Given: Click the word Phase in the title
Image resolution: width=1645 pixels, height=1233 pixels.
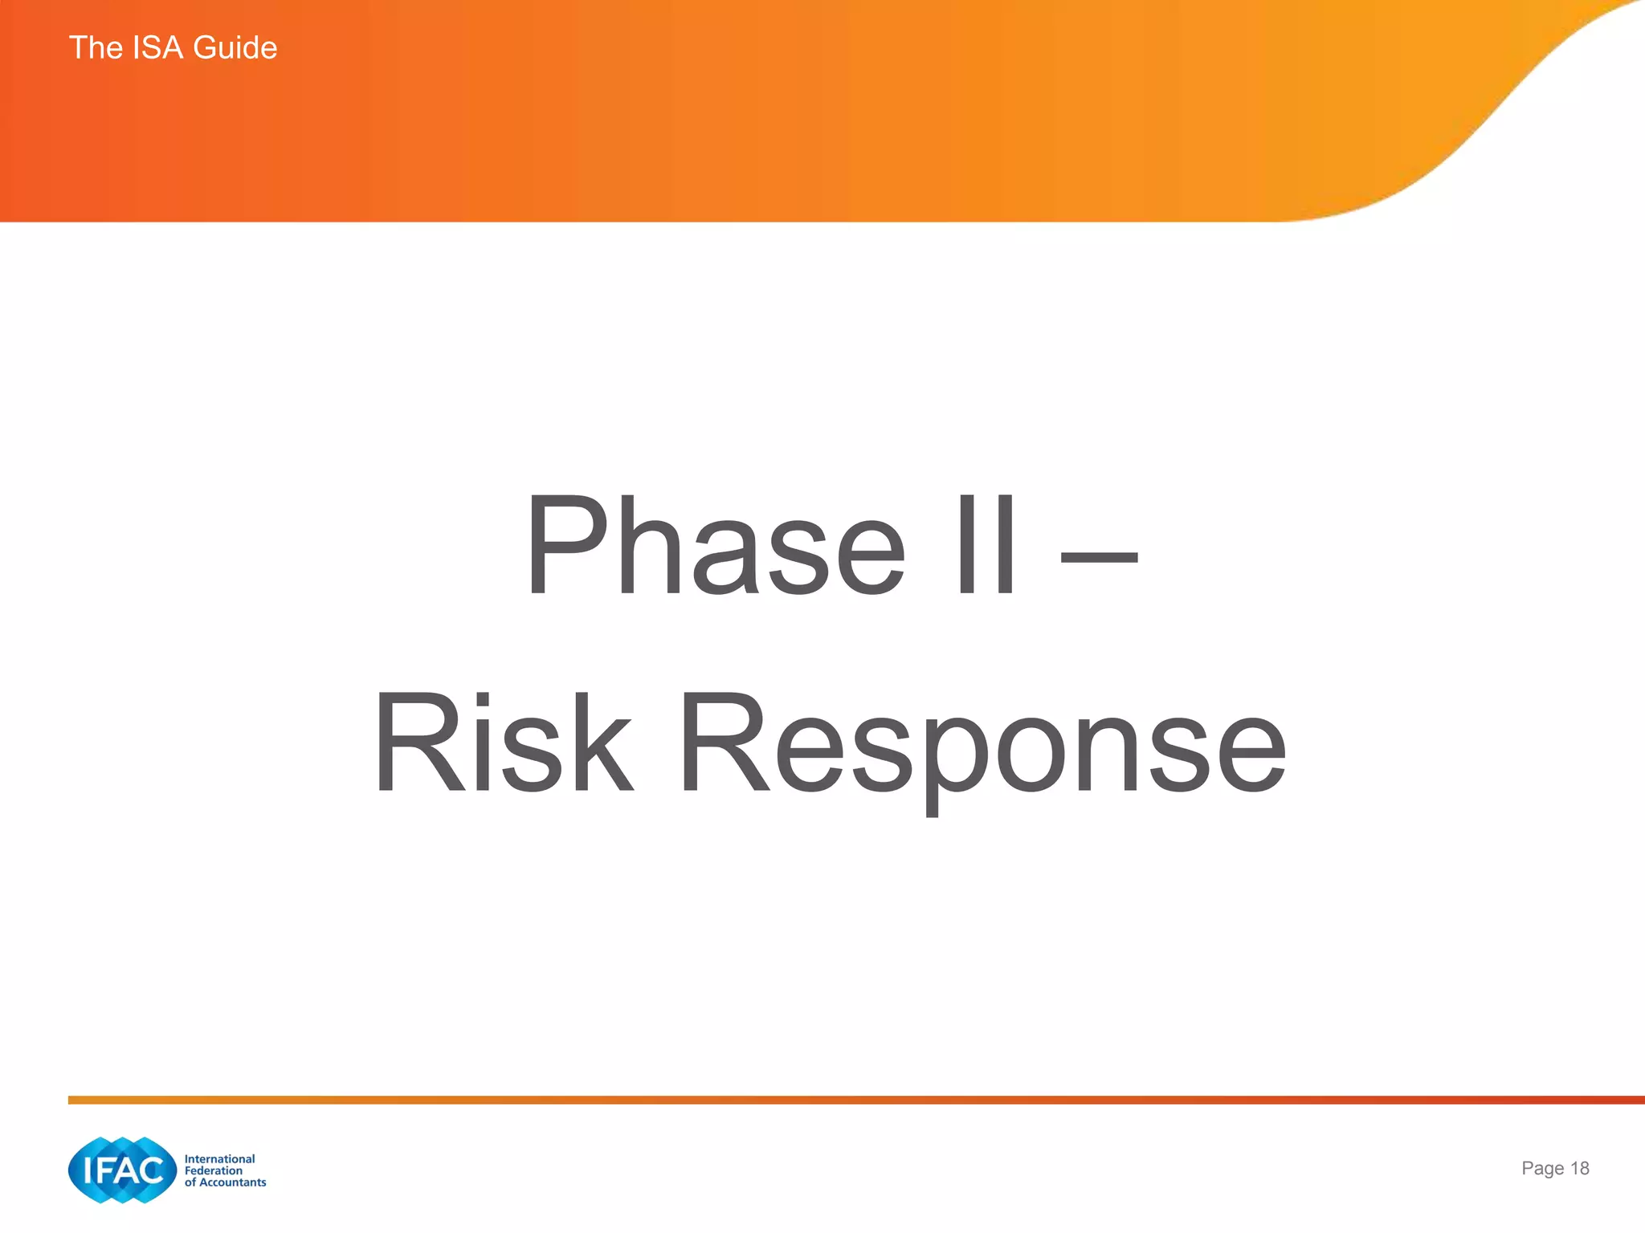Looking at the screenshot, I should (x=715, y=546).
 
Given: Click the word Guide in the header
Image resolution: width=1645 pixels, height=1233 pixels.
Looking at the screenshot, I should (x=235, y=48).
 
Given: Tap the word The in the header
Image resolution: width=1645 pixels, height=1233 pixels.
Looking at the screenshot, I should (x=96, y=48).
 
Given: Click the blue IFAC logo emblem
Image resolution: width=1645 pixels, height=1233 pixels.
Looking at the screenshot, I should (x=122, y=1170).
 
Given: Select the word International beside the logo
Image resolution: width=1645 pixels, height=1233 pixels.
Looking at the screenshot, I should (x=219, y=1158).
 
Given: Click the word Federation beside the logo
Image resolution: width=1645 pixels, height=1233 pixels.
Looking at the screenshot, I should (x=213, y=1170).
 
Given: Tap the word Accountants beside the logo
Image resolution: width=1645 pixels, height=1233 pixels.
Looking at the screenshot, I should (x=232, y=1182).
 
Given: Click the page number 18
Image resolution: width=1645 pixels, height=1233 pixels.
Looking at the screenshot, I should (x=1579, y=1168).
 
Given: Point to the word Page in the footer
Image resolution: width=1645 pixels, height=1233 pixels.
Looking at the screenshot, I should (x=1542, y=1169).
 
